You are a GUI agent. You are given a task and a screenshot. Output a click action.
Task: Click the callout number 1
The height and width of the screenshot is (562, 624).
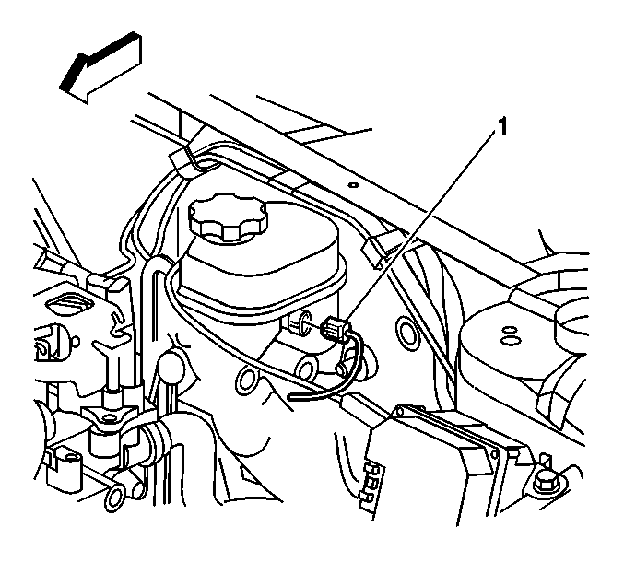[x=502, y=127]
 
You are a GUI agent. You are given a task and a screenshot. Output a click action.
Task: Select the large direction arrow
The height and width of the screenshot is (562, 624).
[x=100, y=67]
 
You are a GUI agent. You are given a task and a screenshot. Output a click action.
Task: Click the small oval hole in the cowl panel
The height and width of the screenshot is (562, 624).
[x=353, y=185]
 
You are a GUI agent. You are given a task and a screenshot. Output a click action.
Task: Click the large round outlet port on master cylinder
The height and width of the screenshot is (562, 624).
[x=307, y=367]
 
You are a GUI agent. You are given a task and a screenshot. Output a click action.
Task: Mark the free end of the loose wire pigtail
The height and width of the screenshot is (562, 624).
[x=289, y=396]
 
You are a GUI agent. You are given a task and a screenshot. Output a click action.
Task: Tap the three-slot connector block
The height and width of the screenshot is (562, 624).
[x=371, y=485]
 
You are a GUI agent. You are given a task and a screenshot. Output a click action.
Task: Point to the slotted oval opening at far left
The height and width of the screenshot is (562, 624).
[x=69, y=308]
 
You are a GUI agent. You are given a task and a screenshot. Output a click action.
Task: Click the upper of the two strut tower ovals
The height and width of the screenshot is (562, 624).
[x=508, y=330]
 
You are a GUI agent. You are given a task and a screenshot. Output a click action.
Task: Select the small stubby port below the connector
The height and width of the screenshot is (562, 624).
[x=342, y=367]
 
